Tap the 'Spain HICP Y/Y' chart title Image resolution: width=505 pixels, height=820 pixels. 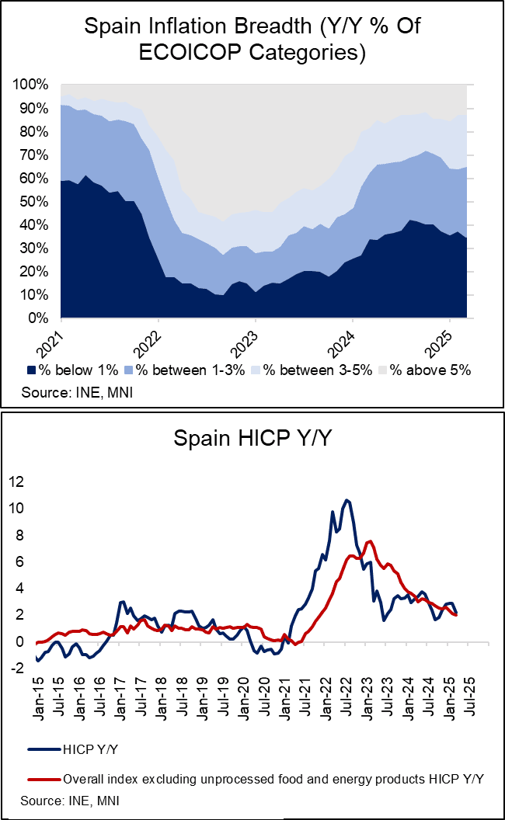coord(252,439)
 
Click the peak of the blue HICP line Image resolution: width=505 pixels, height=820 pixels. coord(347,500)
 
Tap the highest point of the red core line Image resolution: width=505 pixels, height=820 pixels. coord(370,541)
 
